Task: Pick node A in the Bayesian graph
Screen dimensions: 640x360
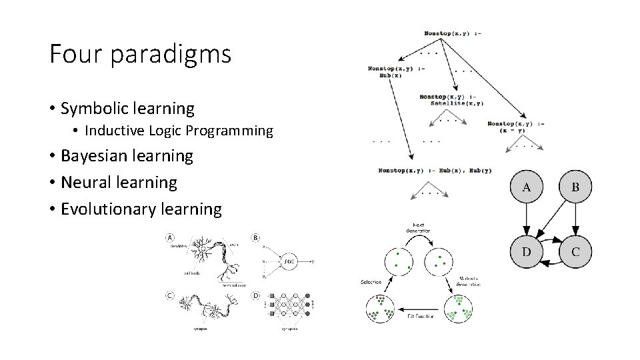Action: click(527, 188)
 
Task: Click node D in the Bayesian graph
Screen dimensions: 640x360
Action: click(527, 251)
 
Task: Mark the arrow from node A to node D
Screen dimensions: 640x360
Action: click(527, 219)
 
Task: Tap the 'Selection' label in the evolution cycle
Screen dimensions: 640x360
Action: click(371, 282)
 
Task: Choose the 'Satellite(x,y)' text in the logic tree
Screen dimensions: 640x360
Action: click(457, 103)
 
